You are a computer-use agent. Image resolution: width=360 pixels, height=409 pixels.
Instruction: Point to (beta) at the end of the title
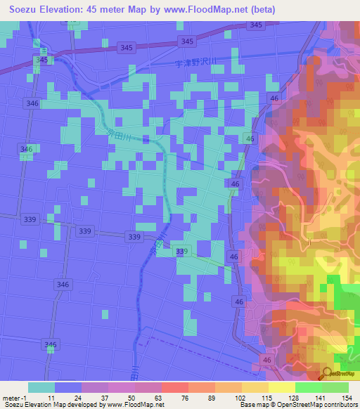pyautogui.click(x=260, y=10)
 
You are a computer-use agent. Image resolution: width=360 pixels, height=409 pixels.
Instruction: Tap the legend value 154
pyautogui.click(x=346, y=398)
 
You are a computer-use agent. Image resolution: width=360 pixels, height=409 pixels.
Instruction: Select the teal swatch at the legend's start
pyautogui.click(x=41, y=387)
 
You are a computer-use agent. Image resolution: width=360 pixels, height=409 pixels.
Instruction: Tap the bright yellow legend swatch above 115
pyautogui.click(x=281, y=387)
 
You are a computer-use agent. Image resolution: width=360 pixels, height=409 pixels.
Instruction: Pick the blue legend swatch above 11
pyautogui.click(x=68, y=387)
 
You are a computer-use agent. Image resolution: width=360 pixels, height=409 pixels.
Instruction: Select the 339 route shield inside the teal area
pyautogui.click(x=182, y=252)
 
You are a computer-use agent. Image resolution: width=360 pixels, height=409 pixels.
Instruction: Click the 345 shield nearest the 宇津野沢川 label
pyautogui.click(x=187, y=42)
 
